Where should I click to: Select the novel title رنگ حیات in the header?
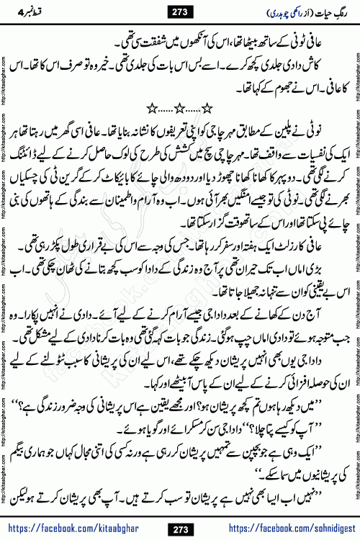coord(325,11)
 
